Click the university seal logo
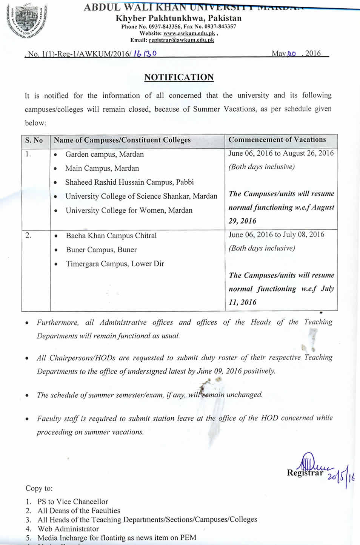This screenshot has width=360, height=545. pos(26,21)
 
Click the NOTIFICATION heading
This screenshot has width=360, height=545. pos(179,77)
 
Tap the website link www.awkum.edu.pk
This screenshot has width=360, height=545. pos(189,33)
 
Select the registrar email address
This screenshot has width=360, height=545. pos(182,40)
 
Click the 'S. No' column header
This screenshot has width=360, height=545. pos(34,140)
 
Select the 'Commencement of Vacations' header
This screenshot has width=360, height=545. pos(277,139)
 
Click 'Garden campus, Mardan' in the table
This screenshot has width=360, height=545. pos(105,154)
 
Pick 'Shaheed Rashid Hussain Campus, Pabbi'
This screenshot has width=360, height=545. pos(129,182)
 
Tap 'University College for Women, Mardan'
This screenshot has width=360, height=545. pos(129,210)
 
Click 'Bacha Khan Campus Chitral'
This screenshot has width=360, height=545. pos(111,236)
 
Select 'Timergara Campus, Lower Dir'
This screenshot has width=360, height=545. pos(115,264)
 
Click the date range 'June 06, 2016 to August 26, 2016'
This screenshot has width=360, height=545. pos(281,153)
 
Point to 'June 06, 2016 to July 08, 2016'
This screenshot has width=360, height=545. pos(276,235)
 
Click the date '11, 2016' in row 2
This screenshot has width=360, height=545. pos(243,302)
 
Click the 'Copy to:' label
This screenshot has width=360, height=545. pos(39,488)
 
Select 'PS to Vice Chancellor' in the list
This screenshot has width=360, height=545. pos(73,502)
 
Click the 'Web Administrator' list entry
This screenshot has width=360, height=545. pos(68,529)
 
